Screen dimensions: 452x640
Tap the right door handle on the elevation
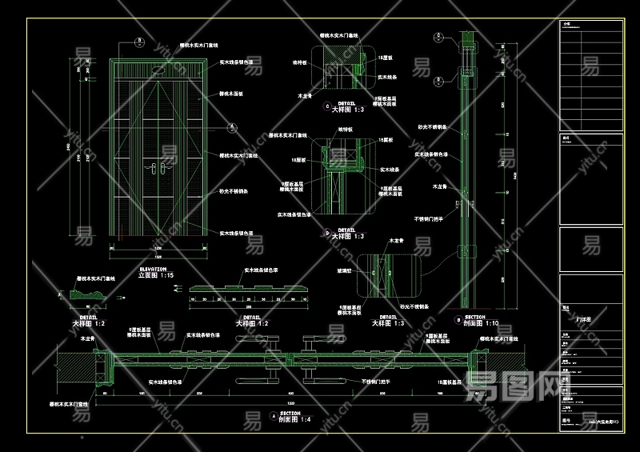pos(163,168)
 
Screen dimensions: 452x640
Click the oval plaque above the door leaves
pos(157,72)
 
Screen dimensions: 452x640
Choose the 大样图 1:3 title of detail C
pos(348,109)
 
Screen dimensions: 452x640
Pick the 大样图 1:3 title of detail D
pos(348,236)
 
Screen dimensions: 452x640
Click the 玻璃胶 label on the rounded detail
pos(345,272)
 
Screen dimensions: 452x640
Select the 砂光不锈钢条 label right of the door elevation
pos(234,192)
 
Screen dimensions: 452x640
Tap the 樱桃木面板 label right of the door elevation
pos(231,93)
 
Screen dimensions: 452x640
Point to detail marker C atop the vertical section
pos(439,35)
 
